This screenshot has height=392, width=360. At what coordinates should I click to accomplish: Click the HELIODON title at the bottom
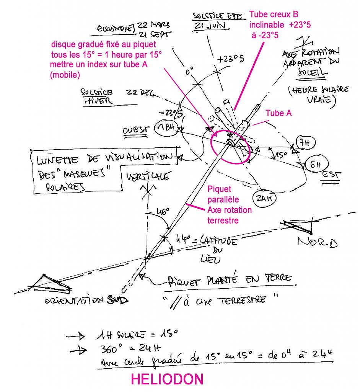pos(167,379)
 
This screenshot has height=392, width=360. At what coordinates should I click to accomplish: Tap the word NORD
pos(317,242)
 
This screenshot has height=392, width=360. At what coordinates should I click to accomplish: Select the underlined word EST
pos(330,175)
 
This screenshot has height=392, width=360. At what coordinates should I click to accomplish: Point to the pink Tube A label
pos(281,113)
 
